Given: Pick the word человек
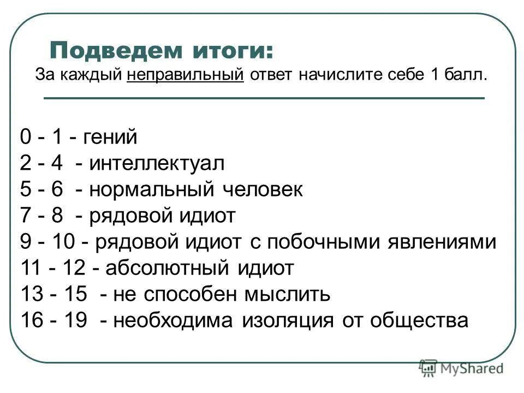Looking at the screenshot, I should (262, 189).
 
